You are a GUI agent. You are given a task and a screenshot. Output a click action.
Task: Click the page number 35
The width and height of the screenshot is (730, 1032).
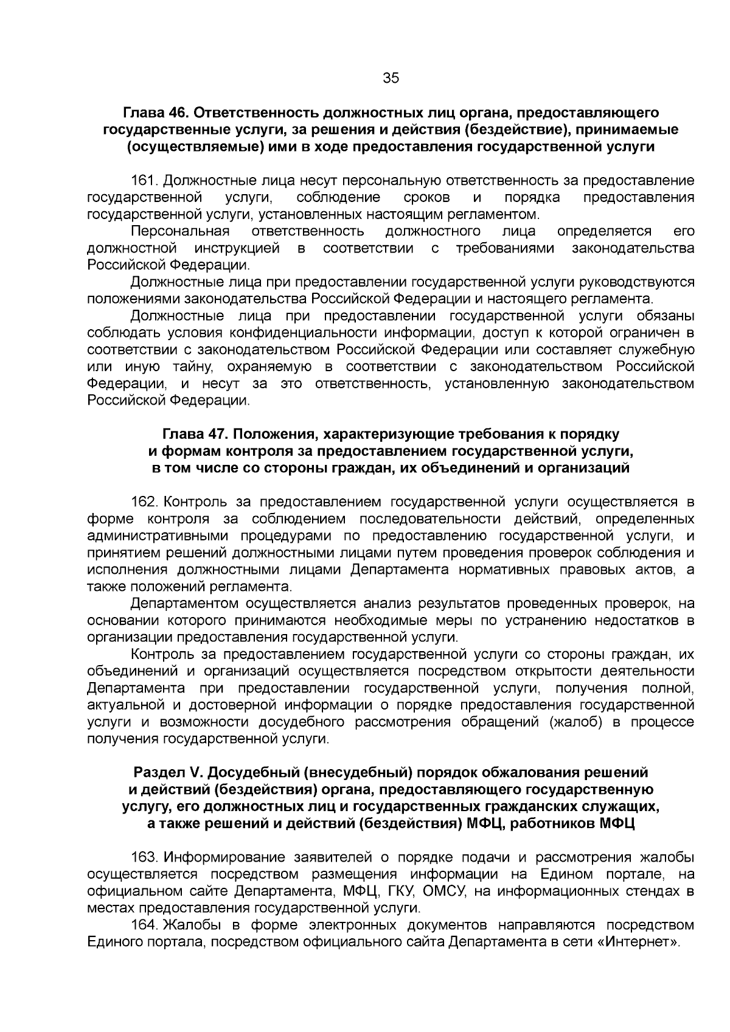pyautogui.click(x=391, y=78)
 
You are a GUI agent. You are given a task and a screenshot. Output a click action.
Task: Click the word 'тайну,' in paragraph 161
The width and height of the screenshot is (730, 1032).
pyautogui.click(x=194, y=367)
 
